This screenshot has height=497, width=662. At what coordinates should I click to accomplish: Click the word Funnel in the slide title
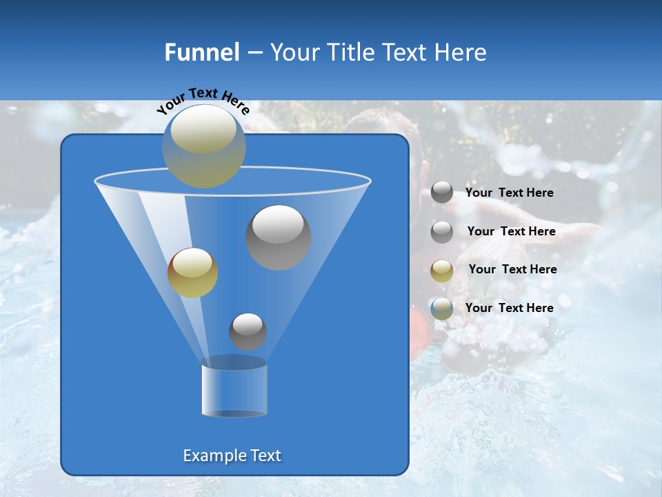(201, 52)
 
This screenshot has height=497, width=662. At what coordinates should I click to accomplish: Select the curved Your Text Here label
(203, 100)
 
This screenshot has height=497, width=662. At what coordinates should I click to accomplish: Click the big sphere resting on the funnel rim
(204, 146)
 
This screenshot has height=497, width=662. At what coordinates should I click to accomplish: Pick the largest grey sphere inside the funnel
(279, 237)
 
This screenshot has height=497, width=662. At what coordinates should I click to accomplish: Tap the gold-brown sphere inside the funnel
(192, 273)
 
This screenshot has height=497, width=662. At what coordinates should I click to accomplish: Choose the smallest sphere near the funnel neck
(248, 331)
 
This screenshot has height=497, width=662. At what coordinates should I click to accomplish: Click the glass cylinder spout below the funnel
(234, 390)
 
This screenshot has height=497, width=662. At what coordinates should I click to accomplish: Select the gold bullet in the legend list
(442, 270)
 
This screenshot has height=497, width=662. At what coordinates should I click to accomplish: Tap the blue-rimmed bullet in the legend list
(442, 309)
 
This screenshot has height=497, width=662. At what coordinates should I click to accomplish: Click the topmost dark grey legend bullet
(442, 193)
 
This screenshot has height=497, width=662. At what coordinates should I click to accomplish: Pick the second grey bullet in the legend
(442, 232)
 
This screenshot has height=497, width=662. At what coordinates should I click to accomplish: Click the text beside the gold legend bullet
(512, 269)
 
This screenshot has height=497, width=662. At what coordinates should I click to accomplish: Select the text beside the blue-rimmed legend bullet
(509, 308)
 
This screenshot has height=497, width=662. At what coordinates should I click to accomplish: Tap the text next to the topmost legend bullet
(509, 193)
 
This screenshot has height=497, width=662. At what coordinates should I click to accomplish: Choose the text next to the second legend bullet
(511, 231)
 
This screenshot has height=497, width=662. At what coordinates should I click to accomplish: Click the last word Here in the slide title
(462, 52)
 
